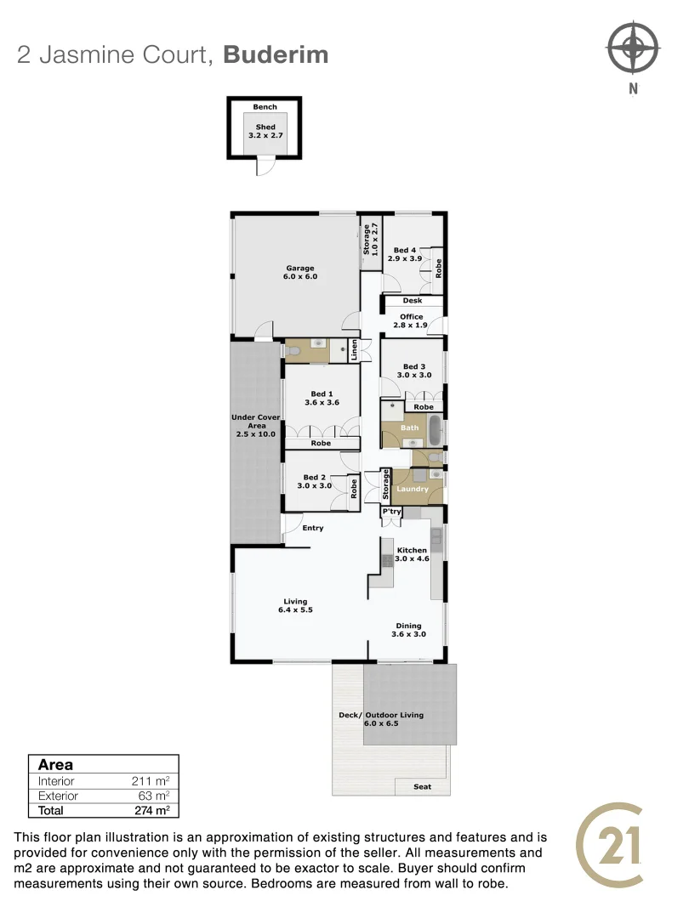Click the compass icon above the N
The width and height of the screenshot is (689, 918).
[633, 48]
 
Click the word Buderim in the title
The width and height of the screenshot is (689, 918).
[276, 55]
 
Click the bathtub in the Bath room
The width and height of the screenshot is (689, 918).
[435, 431]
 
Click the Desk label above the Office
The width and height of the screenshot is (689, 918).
[413, 300]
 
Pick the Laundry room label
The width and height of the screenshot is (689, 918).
[413, 489]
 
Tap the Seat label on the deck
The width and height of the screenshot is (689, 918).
[423, 786]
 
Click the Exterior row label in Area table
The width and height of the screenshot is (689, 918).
[58, 796]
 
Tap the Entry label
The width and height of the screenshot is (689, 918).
[313, 528]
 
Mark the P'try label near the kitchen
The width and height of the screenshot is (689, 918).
[391, 512]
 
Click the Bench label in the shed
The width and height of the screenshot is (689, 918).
[265, 107]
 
